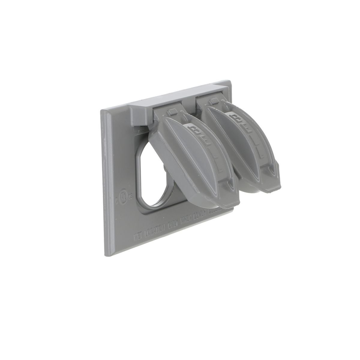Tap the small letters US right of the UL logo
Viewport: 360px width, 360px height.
[x=130, y=198]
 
